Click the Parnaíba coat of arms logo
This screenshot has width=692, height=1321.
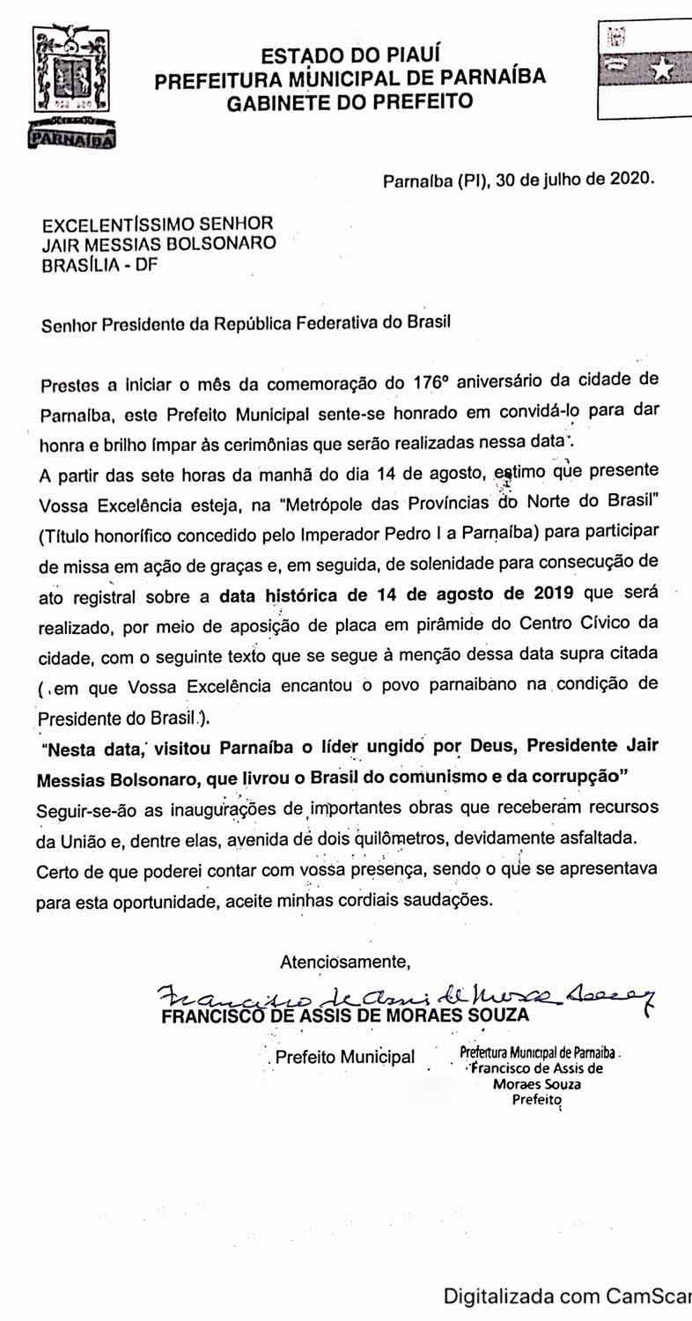[73, 88]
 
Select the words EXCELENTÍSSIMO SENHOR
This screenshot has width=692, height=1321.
[158, 223]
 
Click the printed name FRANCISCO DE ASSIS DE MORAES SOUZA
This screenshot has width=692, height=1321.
[345, 1015]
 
